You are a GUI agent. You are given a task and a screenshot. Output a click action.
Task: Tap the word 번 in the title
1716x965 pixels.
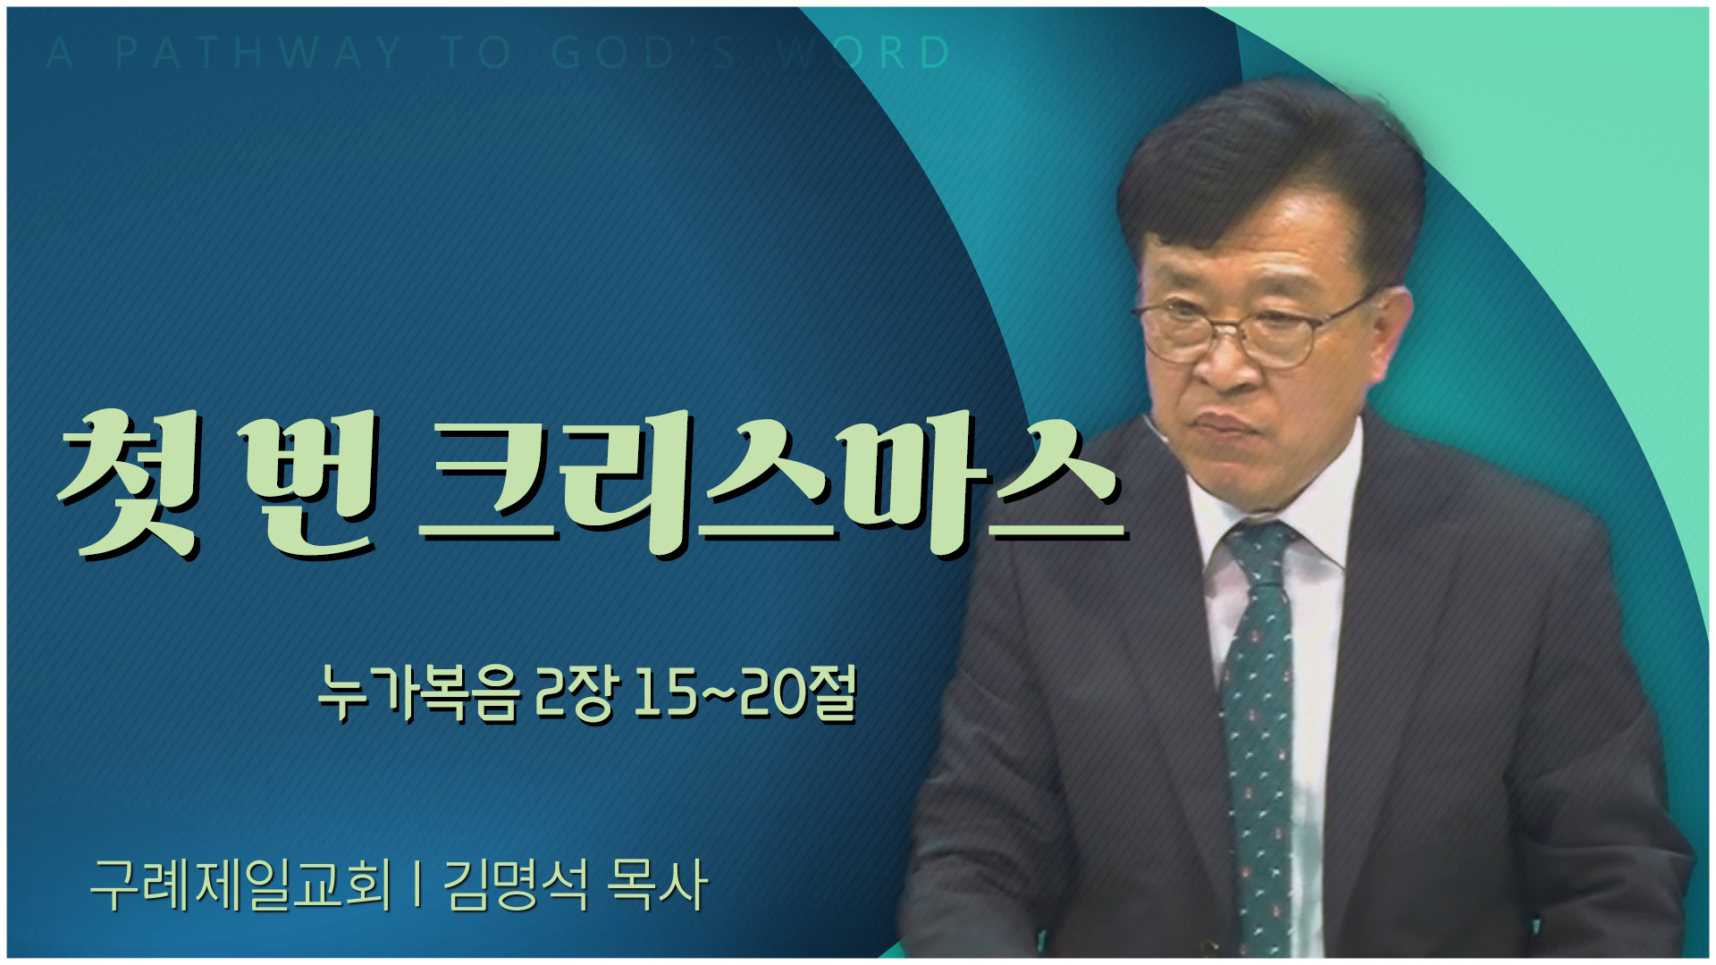(308, 483)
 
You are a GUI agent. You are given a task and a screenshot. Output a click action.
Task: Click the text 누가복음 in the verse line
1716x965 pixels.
(418, 693)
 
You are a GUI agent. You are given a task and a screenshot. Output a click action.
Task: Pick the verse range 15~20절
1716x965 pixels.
(745, 693)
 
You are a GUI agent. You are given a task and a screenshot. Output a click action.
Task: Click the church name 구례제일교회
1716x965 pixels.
(241, 885)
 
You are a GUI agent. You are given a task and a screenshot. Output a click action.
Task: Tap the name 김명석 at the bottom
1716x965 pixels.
(516, 885)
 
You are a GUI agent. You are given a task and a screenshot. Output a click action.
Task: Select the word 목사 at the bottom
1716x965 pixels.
(657, 885)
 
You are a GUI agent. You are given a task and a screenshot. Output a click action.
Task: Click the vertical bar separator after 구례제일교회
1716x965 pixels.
(418, 885)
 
